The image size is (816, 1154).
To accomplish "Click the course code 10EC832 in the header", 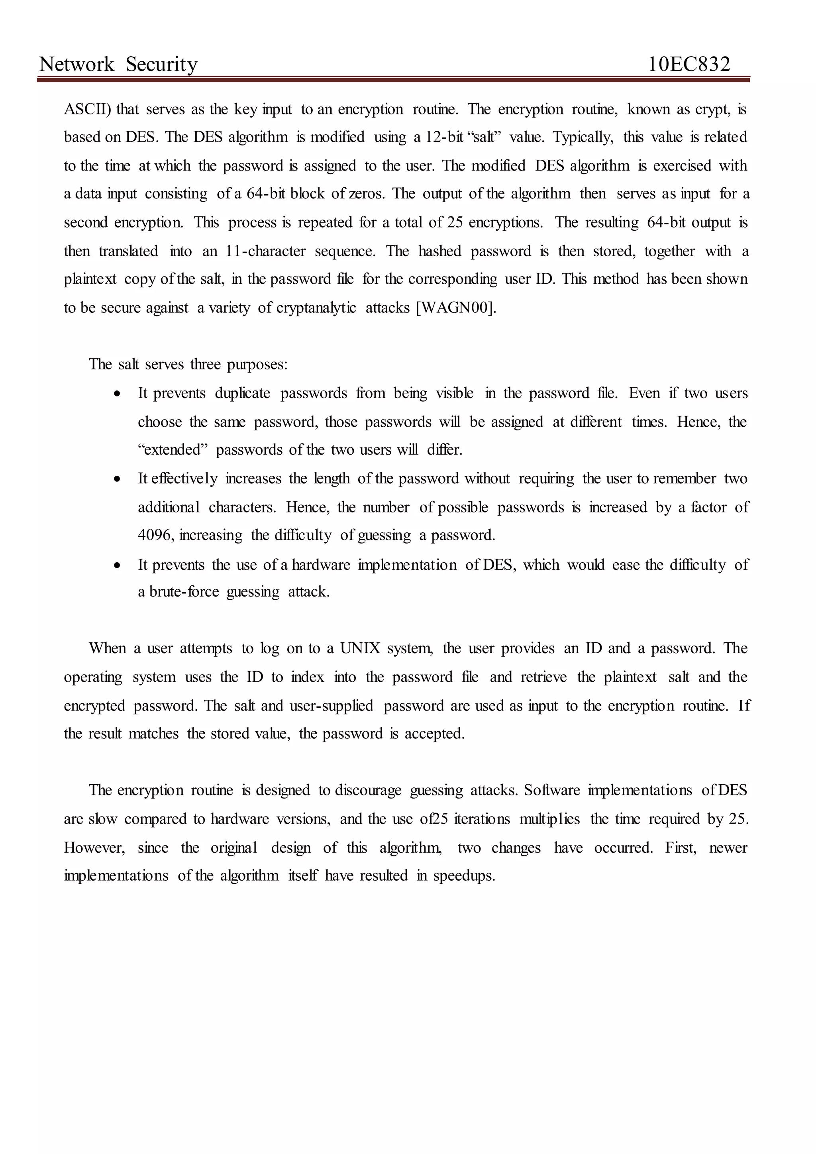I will point(689,64).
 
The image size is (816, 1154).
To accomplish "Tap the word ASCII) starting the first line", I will point(85,109).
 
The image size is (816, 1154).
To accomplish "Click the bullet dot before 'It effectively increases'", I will point(117,479).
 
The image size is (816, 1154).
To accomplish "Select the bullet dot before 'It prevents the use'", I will point(117,565).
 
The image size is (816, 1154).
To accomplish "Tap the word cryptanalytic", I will point(316,307).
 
